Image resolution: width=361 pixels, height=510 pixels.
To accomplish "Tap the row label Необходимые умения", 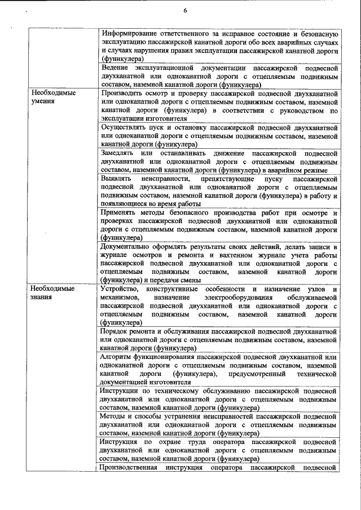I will point(54,96).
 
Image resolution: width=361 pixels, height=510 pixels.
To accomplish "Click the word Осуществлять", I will point(126,127).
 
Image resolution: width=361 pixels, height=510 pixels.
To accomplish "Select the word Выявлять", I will point(117,179).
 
